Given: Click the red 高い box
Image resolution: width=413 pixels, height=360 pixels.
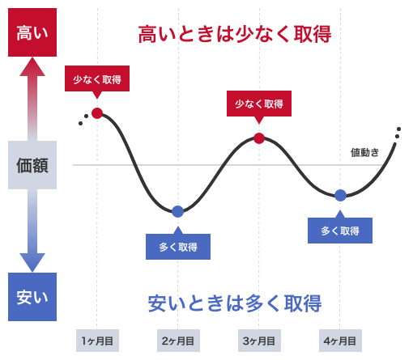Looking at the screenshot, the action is tap(32, 32).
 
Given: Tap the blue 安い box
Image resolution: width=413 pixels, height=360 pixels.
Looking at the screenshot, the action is tap(32, 297).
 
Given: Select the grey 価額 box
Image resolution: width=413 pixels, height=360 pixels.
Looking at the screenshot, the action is tap(32, 165).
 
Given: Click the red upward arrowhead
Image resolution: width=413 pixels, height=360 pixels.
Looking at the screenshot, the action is tap(32, 66).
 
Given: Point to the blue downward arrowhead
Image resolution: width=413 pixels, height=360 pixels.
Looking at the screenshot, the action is tap(32, 263).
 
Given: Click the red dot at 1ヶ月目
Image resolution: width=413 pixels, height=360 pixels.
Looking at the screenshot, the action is tap(97, 113).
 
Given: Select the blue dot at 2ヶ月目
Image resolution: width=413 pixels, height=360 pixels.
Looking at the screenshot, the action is tap(178, 211).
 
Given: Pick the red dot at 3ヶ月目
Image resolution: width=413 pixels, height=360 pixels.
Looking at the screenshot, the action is tap(259, 138).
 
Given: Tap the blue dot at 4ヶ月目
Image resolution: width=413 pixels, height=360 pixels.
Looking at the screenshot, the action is tap(340, 195).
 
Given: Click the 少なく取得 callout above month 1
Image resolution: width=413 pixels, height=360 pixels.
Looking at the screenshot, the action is tap(97, 78).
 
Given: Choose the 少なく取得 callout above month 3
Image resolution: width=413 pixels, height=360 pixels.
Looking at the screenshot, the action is tap(259, 104).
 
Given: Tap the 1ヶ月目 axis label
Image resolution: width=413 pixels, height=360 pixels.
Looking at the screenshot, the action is tap(97, 341).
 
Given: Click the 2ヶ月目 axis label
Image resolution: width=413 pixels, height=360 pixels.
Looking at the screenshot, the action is tap(178, 341).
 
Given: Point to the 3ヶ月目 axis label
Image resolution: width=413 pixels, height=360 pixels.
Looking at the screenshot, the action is tap(259, 341).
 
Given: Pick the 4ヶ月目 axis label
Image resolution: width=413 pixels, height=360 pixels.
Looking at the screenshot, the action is tap(340, 341).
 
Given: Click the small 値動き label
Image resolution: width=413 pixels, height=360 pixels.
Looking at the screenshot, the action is tap(364, 152).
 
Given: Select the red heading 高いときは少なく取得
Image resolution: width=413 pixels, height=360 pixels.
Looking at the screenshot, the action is tap(235, 34).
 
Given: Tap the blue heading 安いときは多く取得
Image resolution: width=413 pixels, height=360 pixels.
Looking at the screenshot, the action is tap(235, 303).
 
